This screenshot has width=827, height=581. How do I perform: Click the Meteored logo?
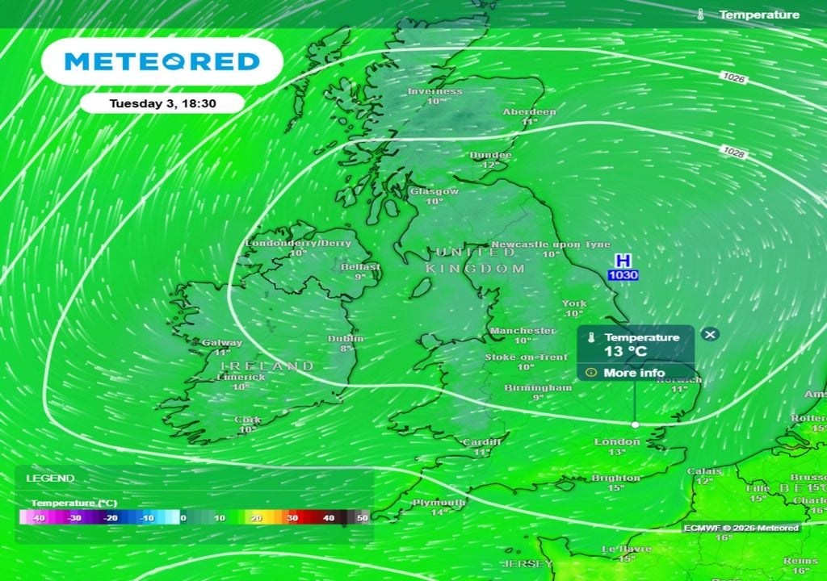click(x=162, y=61)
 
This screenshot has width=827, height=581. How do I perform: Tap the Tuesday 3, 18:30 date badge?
click(x=153, y=103)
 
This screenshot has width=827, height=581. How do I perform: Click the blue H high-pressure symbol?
click(x=623, y=261)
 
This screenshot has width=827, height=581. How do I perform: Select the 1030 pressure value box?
click(x=623, y=275)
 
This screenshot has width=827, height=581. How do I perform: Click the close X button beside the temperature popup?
click(x=710, y=334)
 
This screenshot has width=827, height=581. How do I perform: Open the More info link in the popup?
click(x=633, y=373)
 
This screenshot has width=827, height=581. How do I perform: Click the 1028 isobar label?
click(x=734, y=152)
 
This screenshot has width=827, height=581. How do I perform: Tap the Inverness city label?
click(x=435, y=91)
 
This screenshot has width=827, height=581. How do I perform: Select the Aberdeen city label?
click(x=529, y=112)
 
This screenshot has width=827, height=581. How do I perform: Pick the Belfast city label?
click(x=360, y=266)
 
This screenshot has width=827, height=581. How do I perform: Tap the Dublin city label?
click(x=346, y=339)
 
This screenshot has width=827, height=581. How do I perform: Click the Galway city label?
click(x=222, y=343)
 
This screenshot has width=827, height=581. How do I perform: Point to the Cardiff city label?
click(x=481, y=442)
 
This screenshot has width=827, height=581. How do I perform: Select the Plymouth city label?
click(x=439, y=502)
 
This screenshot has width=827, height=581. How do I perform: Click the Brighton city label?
click(x=617, y=478)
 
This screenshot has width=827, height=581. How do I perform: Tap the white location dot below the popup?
click(x=635, y=424)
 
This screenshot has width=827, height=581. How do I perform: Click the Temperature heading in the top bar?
click(x=758, y=15)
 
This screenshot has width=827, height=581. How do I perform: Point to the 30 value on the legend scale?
click(x=292, y=517)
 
